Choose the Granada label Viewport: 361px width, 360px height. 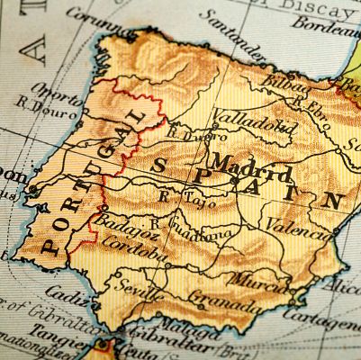212,296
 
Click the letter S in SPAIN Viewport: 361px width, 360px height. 159,165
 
